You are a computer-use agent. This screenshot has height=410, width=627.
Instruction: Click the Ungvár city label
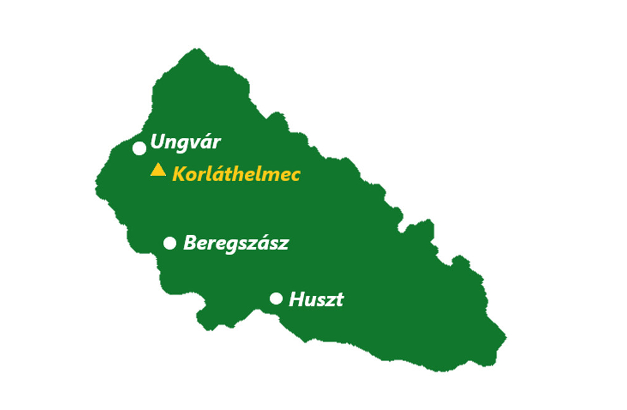point(186,143)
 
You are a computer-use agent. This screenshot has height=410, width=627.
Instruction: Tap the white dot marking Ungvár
point(140,148)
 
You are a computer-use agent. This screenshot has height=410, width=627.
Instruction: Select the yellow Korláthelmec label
point(236,174)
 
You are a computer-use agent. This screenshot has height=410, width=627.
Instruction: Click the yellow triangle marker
point(158,170)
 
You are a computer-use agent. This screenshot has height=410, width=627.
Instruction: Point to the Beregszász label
point(236,243)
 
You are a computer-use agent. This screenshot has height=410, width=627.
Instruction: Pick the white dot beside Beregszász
point(170,243)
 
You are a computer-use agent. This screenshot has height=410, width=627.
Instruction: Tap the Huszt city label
point(316,300)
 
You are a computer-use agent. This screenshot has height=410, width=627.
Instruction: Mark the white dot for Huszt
point(276,298)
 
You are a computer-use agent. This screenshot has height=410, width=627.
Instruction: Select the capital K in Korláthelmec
point(178,174)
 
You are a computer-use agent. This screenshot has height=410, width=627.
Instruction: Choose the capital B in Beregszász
point(189,243)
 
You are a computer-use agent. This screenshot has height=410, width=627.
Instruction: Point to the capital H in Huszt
point(296,300)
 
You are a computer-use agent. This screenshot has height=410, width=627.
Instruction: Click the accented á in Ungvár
point(204,142)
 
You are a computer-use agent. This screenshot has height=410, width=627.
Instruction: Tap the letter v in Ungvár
point(192,144)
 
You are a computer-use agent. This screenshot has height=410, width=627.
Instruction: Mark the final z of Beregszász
point(284,244)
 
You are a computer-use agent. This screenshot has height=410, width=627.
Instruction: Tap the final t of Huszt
point(339,300)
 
